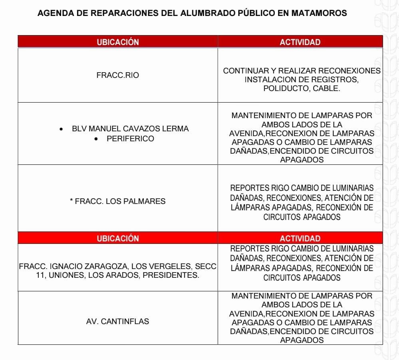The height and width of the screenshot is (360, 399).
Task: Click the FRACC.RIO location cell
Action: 118,75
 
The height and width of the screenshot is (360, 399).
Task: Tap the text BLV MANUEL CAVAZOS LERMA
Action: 130,129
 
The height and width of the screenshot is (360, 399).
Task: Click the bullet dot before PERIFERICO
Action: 97,139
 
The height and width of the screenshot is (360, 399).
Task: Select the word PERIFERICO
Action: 130,139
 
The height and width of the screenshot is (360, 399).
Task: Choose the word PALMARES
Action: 146,202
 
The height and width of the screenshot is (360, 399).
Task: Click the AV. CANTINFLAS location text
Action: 117,321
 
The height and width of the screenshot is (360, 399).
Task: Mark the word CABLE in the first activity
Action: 326,89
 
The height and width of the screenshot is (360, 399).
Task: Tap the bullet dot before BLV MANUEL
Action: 61,129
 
